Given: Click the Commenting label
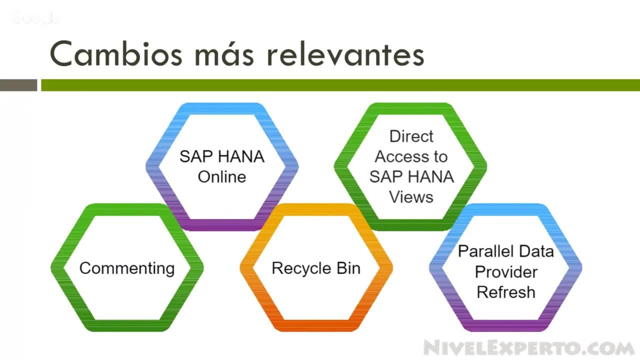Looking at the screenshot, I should pyautogui.click(x=127, y=268).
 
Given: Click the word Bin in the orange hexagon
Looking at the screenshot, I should pyautogui.click(x=347, y=268).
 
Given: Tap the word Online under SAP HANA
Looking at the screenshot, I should pyautogui.click(x=222, y=176).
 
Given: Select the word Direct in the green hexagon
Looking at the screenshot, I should pyautogui.click(x=411, y=136).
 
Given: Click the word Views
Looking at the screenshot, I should pyautogui.click(x=411, y=196).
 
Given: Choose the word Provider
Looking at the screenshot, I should pyautogui.click(x=506, y=271).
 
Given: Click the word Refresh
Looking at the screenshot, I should pyautogui.click(x=506, y=291).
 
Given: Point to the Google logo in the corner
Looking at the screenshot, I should pyautogui.click(x=35, y=18).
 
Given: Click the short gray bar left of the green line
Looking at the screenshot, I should pyautogui.click(x=18, y=85).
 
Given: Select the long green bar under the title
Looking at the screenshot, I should pyautogui.click(x=340, y=85).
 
